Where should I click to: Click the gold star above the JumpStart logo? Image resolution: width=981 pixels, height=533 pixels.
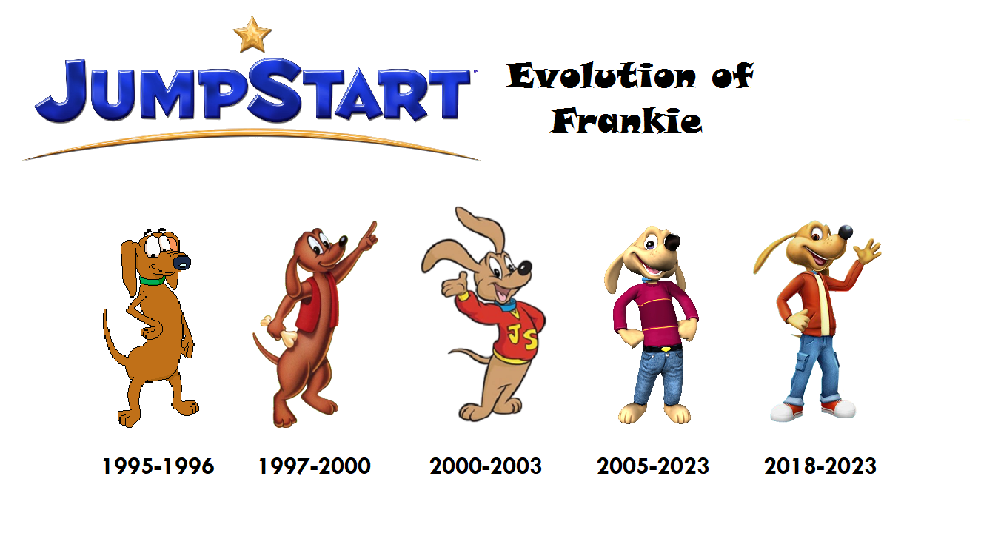point(252,35)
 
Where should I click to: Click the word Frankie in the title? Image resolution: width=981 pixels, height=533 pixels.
point(626,121)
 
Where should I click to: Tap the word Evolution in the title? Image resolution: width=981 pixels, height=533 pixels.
point(601,76)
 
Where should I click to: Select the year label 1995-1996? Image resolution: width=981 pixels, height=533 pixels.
point(158,466)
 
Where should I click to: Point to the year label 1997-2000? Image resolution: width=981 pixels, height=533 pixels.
point(315,466)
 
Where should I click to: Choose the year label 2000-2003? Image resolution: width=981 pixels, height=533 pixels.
point(485,466)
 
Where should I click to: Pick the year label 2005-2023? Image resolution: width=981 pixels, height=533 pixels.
point(652,466)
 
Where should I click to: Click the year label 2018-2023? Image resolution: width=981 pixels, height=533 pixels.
point(820,466)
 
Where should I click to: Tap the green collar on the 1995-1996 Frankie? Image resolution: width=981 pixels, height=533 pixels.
point(152,281)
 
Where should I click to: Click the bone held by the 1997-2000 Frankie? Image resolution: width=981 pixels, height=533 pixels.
point(281,332)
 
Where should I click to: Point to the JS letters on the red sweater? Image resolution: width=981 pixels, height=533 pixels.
point(522,338)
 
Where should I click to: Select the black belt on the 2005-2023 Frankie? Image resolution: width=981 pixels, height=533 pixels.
point(663,349)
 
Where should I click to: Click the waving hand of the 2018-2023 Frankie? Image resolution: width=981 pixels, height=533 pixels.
point(867,252)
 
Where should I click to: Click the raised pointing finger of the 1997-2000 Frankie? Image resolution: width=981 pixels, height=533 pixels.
point(372,229)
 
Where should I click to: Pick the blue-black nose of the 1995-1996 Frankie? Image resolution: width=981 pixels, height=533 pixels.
point(181,262)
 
